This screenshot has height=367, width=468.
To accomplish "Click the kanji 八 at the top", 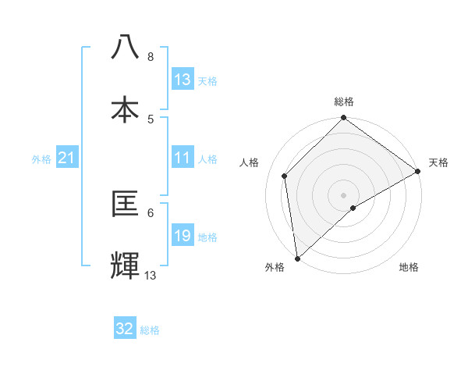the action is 126,48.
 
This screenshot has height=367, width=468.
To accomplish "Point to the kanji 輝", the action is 126,265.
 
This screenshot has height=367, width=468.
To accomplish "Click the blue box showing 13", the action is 183,80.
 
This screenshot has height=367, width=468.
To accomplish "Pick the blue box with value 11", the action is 183,159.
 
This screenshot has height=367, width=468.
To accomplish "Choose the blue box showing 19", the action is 183,237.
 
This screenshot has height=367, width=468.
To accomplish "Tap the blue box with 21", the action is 67,159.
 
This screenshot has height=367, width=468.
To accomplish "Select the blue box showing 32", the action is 125,330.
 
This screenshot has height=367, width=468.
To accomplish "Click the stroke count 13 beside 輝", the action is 151,275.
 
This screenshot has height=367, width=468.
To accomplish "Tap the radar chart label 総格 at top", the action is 344,102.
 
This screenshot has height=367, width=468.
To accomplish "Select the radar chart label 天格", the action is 438,162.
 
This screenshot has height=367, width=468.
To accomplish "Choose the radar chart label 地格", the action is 409,267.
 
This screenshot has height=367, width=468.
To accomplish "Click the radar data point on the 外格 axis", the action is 296,258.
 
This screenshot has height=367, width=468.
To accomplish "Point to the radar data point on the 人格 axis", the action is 285,176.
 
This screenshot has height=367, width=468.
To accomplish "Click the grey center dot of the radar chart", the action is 343,194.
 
